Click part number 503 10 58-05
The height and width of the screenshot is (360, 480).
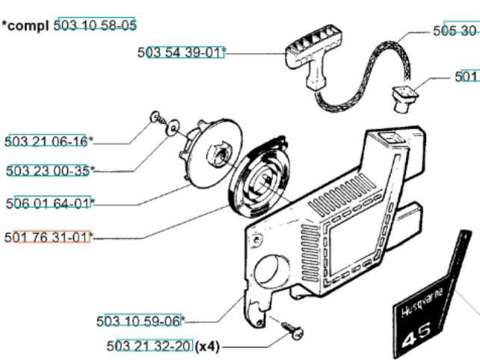(95, 25)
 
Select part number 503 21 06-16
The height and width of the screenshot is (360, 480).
(46, 141)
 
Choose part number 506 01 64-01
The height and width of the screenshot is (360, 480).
(48, 202)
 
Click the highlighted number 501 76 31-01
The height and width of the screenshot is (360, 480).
(48, 237)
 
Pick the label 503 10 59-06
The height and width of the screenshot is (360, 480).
(139, 321)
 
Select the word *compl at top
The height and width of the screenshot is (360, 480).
(26, 25)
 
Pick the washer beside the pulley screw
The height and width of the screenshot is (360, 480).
(173, 129)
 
